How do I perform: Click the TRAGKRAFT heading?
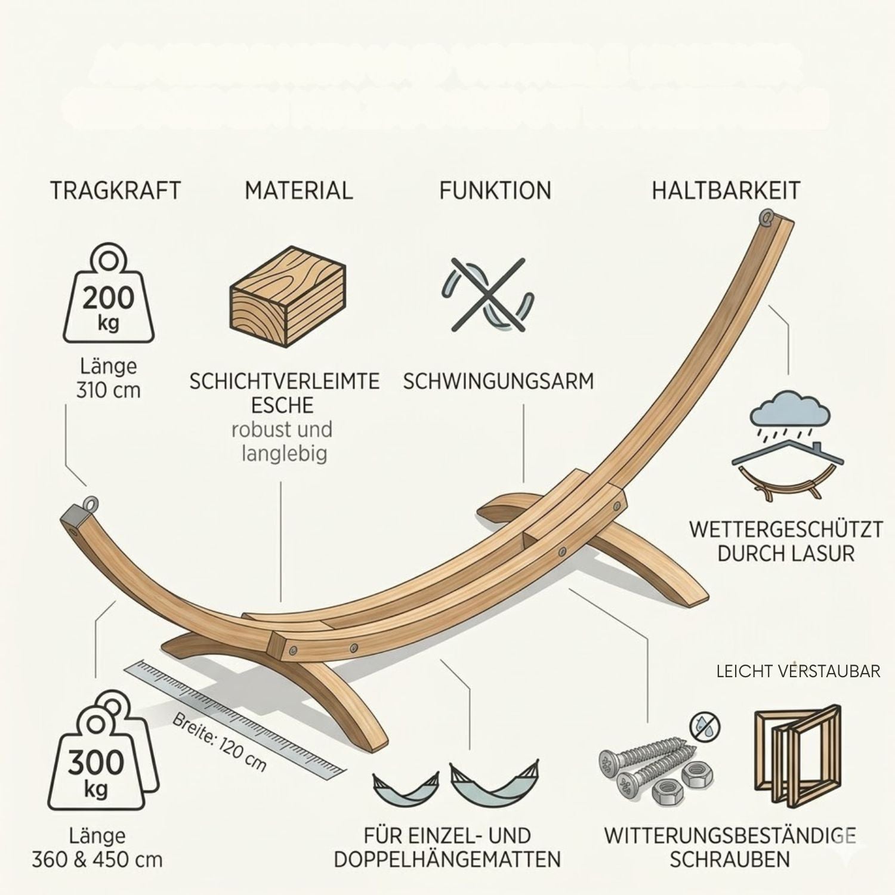coord(115,191)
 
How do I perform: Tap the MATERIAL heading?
coord(298,191)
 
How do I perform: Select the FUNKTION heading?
coord(495,191)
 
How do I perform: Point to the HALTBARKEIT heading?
coord(726,191)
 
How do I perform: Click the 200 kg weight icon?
coord(109,295)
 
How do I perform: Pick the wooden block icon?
coord(288,298)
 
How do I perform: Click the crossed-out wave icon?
coord(487,294)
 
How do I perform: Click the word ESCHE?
coord(282,406)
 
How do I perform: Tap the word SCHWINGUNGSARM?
coord(498,381)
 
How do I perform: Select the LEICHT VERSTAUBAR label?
coord(798,671)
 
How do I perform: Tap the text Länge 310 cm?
coord(108,378)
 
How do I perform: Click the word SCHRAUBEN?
coord(730,860)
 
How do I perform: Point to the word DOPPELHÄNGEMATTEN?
coord(447,860)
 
